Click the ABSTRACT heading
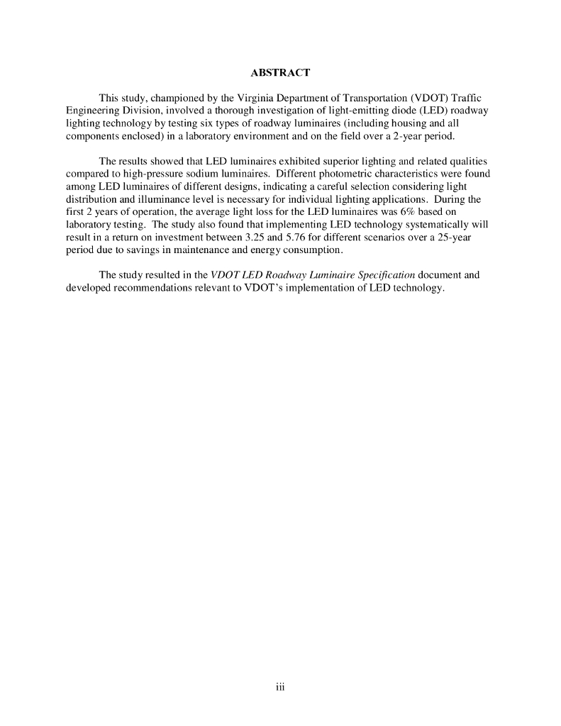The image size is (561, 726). (280, 73)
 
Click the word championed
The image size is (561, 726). (176, 98)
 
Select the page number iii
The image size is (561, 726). (280, 686)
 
